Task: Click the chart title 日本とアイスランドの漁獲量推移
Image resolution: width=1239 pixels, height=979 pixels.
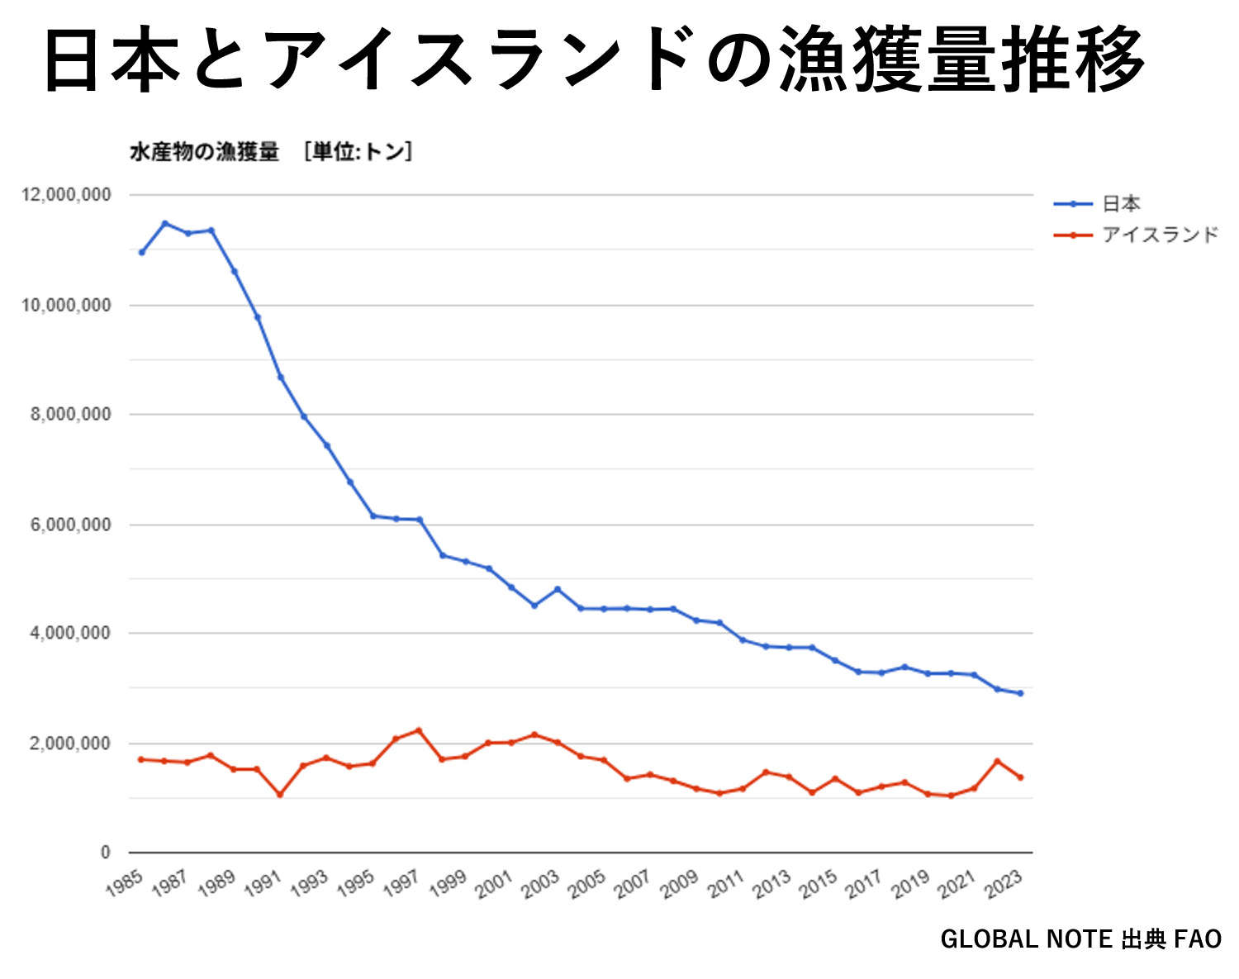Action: coord(593,59)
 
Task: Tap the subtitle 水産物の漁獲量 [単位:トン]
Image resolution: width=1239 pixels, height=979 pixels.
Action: coord(271,152)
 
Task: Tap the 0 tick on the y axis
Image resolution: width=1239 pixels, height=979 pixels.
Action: coord(105,853)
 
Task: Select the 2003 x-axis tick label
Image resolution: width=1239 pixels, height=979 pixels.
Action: coord(541,886)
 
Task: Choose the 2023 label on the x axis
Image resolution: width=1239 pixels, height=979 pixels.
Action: coord(1004,886)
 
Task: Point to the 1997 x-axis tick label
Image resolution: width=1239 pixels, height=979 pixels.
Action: coord(402,886)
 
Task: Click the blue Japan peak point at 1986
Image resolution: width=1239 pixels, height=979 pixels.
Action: coord(165,223)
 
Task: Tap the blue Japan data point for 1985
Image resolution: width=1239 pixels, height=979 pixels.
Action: coord(142,252)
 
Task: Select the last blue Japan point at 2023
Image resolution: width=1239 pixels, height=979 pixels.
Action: coord(1021,693)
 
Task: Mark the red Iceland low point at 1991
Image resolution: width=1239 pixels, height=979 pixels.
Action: coord(280,795)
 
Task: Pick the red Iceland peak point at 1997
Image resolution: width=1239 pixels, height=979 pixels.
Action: coord(419,730)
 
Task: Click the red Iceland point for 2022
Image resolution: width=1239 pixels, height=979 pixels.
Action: coord(998,761)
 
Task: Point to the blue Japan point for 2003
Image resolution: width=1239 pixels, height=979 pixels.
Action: coord(558,589)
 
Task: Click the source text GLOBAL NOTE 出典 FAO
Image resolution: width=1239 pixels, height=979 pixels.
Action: coord(1080,939)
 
